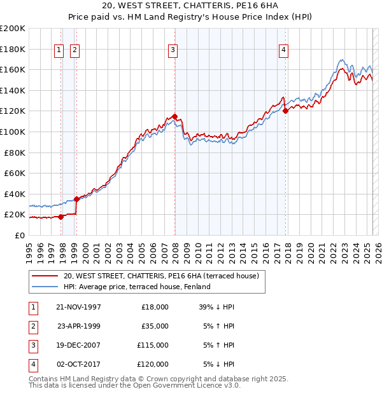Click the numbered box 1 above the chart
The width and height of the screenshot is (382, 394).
59,51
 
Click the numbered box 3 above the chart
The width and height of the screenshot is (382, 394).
173,51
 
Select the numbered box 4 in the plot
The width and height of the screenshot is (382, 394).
283,51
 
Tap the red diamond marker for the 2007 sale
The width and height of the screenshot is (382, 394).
175,117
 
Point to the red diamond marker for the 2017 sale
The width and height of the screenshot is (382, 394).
285,111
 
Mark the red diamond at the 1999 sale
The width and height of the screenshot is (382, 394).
76,199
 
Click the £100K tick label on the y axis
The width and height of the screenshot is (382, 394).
13,132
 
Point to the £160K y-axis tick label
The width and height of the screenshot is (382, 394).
13,69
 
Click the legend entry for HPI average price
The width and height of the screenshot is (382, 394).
137,287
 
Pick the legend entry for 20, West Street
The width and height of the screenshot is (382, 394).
161,276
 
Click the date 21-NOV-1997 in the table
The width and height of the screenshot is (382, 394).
79,307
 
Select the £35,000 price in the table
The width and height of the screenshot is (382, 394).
155,326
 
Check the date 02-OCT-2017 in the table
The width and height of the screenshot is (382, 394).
79,364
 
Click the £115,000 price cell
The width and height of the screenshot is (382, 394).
153,345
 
